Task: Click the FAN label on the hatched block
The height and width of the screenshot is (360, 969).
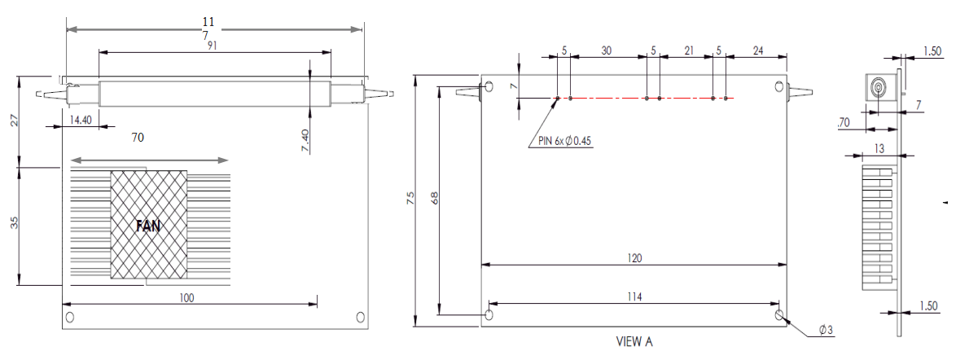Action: [148, 227]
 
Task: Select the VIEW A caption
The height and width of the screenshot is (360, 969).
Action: [634, 342]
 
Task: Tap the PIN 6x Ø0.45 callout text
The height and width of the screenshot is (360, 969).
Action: [564, 141]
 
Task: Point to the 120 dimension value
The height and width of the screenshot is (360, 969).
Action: [635, 258]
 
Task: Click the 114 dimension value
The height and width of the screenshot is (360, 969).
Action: [634, 297]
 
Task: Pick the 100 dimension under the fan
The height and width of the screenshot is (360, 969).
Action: [186, 298]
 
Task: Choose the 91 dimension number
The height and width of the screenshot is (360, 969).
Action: [213, 46]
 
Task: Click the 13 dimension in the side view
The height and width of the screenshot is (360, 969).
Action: [879, 147]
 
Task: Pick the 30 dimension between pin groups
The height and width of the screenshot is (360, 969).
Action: [607, 50]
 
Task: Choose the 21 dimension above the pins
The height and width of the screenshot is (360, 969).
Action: [688, 50]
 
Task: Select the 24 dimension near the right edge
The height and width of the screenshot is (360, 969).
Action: [757, 50]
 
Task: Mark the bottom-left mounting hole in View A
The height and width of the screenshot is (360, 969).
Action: [489, 314]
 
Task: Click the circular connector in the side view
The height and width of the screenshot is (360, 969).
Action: [879, 87]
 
